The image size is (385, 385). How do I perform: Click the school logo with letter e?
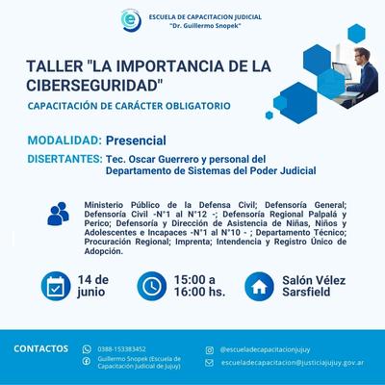[131, 20]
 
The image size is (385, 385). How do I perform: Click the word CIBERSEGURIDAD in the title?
[93, 86]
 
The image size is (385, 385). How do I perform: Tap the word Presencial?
[136, 141]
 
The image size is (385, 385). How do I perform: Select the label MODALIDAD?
[64, 141]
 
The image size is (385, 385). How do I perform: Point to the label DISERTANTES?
[64, 159]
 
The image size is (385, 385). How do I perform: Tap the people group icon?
[58, 214]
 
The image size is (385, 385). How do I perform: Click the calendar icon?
[56, 286]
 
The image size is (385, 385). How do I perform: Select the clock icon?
[152, 286]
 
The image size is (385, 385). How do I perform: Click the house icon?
[259, 287]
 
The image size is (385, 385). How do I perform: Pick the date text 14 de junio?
[93, 286]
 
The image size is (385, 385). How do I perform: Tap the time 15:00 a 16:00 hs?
[199, 286]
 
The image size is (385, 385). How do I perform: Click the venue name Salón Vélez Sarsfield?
[314, 286]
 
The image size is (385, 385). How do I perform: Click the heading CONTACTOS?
[41, 348]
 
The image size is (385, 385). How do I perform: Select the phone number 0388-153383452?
[121, 349]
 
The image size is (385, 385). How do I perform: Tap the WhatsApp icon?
[87, 349]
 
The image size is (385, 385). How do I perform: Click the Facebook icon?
[87, 362]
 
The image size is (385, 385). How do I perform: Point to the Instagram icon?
[210, 350]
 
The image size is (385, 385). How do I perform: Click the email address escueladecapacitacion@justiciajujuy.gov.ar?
[293, 363]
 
